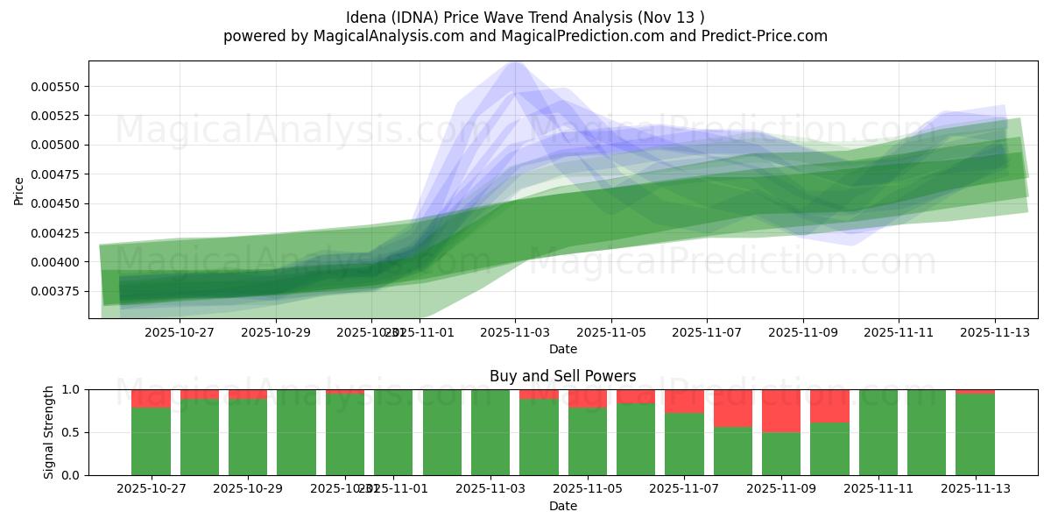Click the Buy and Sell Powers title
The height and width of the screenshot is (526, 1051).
point(562,376)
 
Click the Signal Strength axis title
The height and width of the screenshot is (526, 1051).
point(49,431)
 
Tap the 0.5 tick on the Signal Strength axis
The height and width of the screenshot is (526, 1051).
point(70,432)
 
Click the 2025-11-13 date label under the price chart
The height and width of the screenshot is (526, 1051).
point(994,332)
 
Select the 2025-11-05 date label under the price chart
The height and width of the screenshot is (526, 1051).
point(610,332)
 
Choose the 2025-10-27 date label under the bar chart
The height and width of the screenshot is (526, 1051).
point(152,489)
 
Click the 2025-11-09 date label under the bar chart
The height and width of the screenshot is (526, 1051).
point(781,489)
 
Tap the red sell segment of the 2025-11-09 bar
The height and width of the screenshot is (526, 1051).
point(781,410)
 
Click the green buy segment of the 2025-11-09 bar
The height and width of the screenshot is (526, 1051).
point(781,454)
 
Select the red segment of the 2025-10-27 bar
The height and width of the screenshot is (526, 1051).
point(152,398)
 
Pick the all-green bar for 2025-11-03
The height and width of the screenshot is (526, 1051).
point(490,432)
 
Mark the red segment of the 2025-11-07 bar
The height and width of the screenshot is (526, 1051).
point(684,401)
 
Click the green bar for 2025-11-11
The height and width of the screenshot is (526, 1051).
point(878,432)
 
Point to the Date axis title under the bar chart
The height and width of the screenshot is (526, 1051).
point(562,506)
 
